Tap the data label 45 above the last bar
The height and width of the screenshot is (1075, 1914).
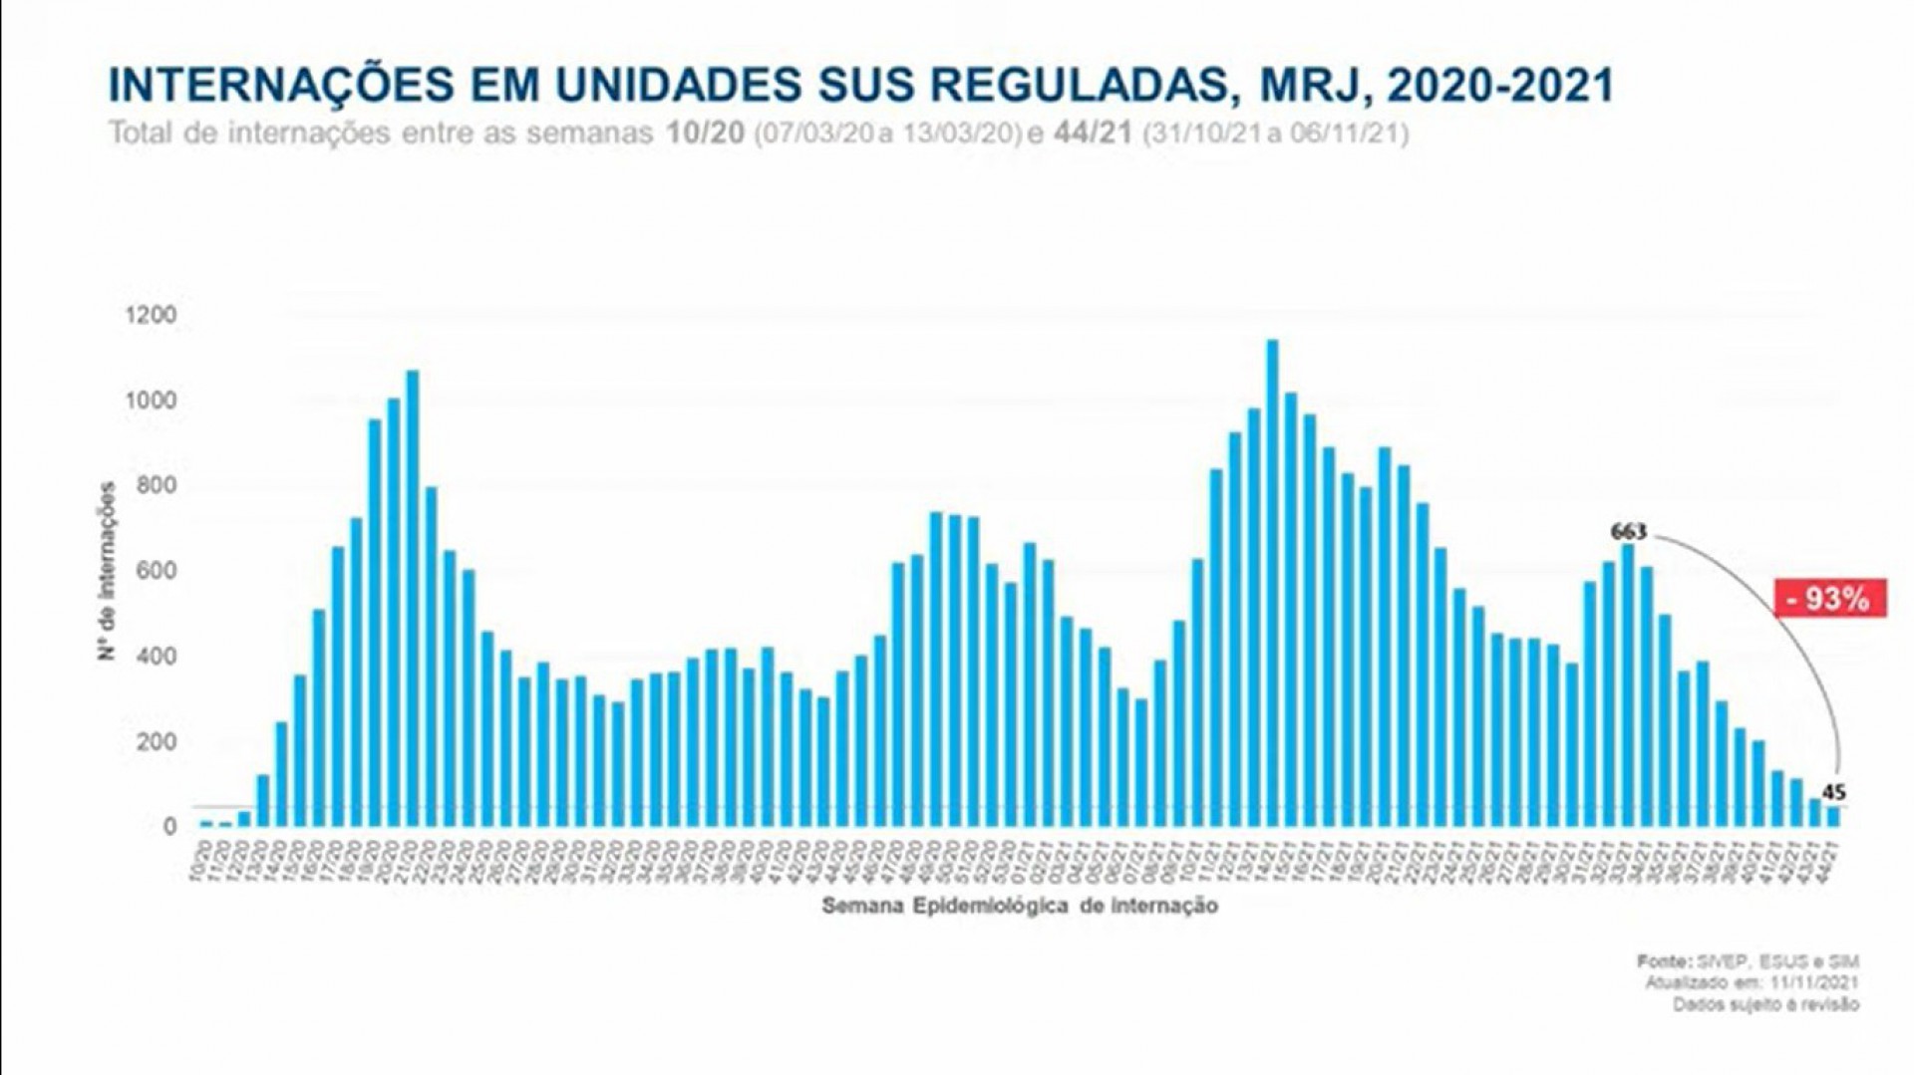click(x=1834, y=793)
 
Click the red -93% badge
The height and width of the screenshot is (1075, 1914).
click(x=1830, y=598)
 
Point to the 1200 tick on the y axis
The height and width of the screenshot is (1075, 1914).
click(x=151, y=316)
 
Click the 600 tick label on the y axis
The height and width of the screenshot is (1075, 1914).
click(x=151, y=572)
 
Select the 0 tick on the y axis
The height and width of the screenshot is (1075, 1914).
click(x=169, y=827)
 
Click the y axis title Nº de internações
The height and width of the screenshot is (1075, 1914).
click(x=108, y=571)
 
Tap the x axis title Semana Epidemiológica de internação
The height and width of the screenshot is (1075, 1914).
click(x=1020, y=906)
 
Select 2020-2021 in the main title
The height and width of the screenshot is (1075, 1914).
click(x=1499, y=86)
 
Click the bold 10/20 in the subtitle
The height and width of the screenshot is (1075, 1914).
click(x=706, y=134)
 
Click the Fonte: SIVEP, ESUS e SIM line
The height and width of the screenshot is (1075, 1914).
click(x=1748, y=961)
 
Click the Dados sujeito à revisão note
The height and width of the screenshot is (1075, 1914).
click(x=1765, y=1004)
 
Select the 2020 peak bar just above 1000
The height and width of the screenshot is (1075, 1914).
click(x=412, y=598)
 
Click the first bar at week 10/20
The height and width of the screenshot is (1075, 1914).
click(x=206, y=823)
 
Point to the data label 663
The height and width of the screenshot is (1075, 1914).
click(x=1629, y=532)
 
